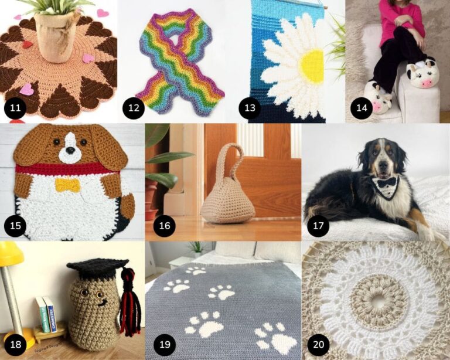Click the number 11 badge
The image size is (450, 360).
pyautogui.click(x=13, y=109)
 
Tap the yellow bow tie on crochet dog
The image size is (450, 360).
pyautogui.click(x=67, y=185)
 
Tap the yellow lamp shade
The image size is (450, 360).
pyautogui.click(x=12, y=253)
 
